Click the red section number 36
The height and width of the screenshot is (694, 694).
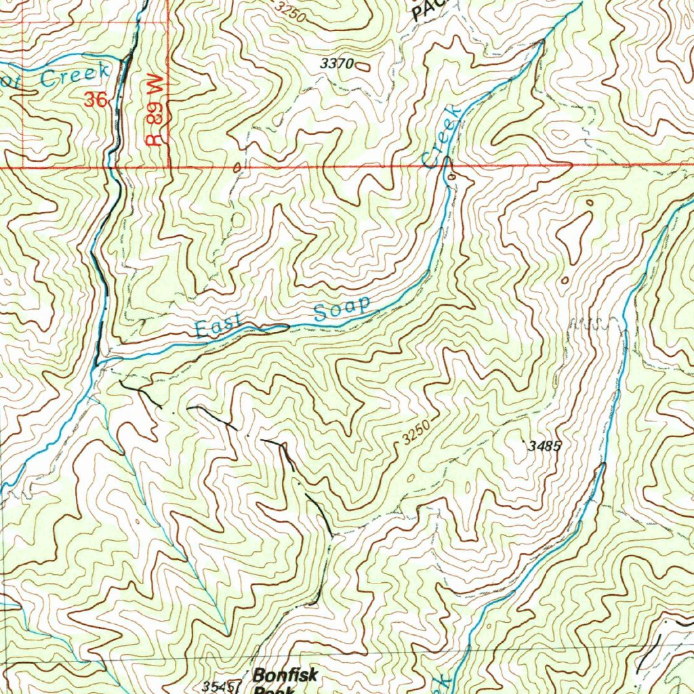(x=96, y=100)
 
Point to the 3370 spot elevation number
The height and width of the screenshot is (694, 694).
(x=336, y=64)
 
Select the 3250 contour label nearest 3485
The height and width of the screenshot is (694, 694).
(x=415, y=432)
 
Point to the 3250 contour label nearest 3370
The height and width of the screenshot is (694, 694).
(x=291, y=12)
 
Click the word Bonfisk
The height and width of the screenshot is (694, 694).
(x=285, y=675)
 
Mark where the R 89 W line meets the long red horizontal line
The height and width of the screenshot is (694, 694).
(x=168, y=166)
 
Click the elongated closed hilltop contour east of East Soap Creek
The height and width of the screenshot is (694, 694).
(x=575, y=234)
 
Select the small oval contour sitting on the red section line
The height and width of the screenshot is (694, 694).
(x=237, y=167)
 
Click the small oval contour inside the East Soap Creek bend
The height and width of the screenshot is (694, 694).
(x=451, y=177)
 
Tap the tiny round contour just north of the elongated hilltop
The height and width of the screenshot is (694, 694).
(x=589, y=202)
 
